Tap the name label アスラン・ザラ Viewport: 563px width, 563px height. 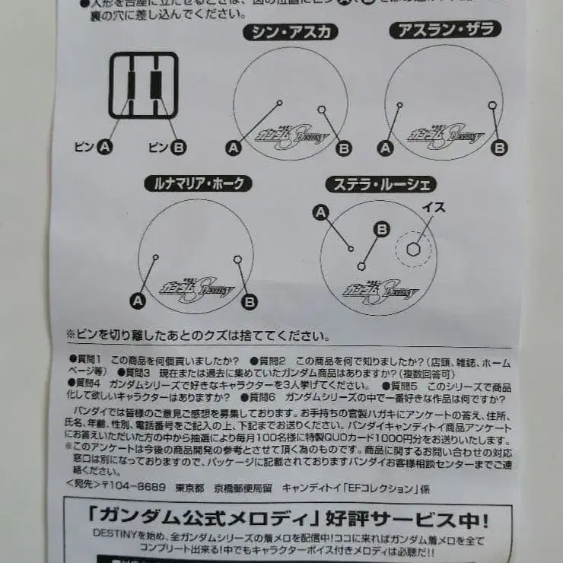coord(445,30)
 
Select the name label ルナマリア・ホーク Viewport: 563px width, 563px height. coord(198,183)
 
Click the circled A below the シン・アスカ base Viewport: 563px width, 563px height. coord(234,148)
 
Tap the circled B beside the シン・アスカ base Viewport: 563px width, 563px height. coord(343,148)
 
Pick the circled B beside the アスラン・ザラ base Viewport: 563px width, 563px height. coord(499,148)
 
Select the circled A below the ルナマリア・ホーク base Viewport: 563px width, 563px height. coord(138,301)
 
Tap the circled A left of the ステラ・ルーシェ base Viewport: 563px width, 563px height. coord(320,212)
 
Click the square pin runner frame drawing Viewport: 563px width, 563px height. coord(143,84)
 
